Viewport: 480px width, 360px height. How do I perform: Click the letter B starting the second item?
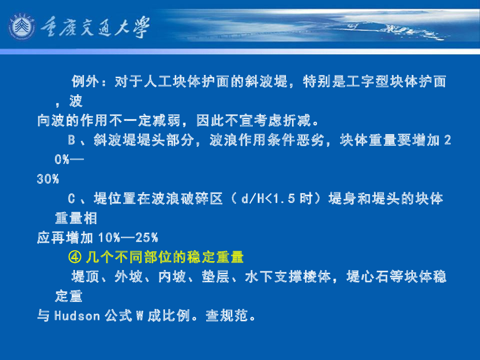(x=72, y=140)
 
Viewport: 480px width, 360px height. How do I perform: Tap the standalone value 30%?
(x=48, y=179)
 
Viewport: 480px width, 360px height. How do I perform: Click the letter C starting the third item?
(x=72, y=199)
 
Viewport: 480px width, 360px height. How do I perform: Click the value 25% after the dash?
(x=146, y=238)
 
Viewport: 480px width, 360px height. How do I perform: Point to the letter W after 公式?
(x=139, y=316)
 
